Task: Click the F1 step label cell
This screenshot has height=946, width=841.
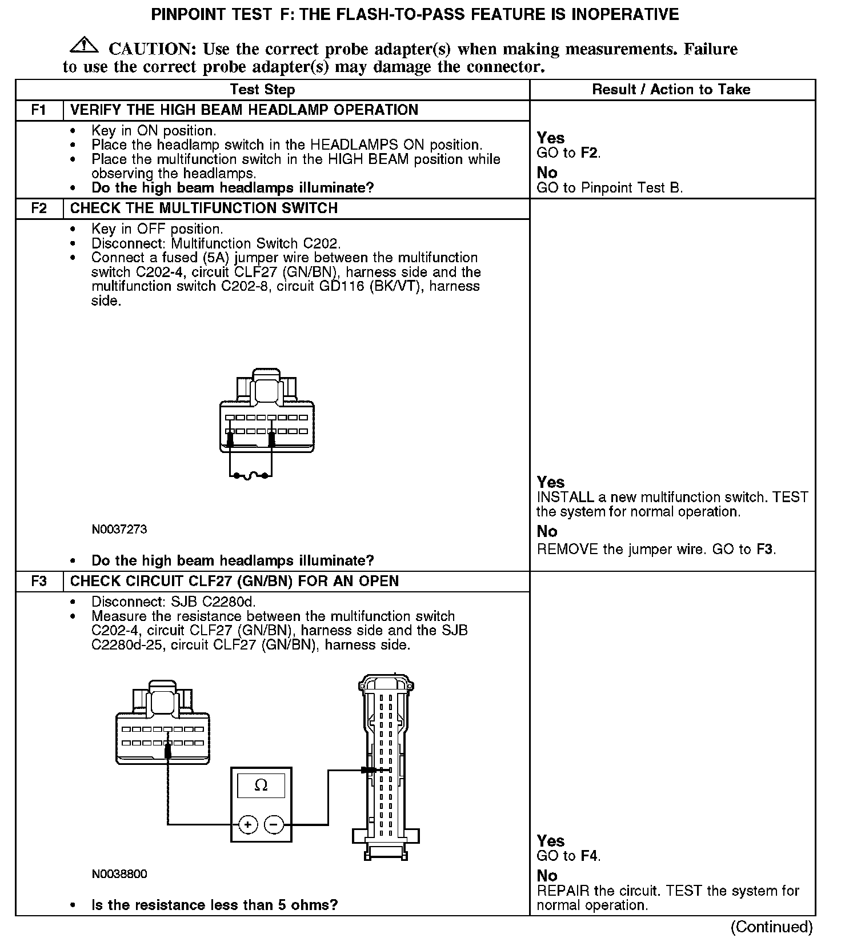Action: click(x=39, y=110)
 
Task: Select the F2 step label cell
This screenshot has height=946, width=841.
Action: click(x=39, y=208)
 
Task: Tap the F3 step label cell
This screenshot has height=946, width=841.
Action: click(x=39, y=581)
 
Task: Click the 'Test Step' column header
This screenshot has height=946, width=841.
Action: click(x=262, y=89)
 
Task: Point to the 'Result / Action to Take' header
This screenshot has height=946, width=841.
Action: click(x=671, y=89)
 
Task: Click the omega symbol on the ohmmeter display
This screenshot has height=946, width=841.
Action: click(x=261, y=785)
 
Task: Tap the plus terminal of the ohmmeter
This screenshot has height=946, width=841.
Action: click(x=248, y=824)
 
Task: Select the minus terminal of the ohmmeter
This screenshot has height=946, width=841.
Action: click(x=274, y=824)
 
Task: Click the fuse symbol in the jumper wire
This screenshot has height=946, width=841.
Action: click(x=251, y=475)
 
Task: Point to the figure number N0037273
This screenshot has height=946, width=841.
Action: click(x=119, y=530)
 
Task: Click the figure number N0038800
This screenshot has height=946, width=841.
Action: click(x=119, y=874)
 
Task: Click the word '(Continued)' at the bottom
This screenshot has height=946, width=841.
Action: click(x=771, y=927)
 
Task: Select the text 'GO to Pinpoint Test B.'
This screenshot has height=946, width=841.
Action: click(x=610, y=188)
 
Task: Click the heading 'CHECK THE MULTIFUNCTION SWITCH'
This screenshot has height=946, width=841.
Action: click(x=204, y=208)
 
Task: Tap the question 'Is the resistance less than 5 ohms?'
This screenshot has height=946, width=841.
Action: click(x=214, y=905)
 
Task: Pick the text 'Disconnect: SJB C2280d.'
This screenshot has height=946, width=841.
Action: click(x=174, y=602)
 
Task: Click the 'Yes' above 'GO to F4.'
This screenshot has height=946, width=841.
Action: click(x=551, y=841)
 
